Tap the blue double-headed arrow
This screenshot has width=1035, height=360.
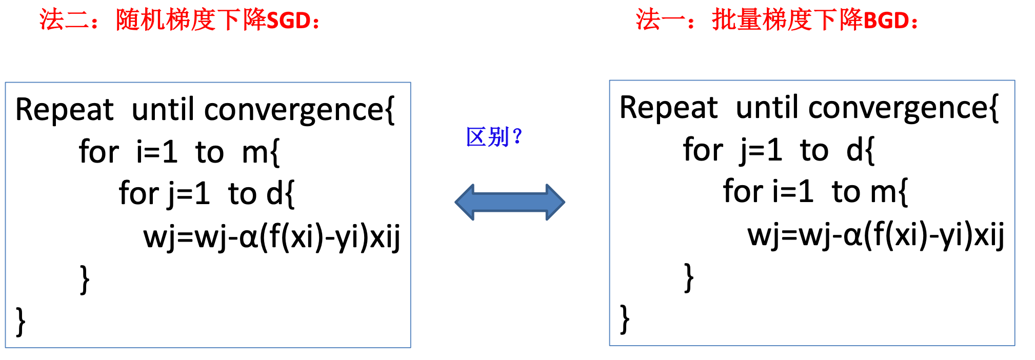point(510,202)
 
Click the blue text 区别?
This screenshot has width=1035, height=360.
point(494,137)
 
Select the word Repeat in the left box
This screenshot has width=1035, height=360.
point(64,110)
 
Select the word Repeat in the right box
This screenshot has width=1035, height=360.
point(668,108)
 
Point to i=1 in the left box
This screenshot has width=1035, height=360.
point(157,152)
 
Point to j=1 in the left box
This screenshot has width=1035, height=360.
point(189,194)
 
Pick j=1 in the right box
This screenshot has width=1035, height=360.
point(761,150)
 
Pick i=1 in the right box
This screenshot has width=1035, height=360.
point(793,192)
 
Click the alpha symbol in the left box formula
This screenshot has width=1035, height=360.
point(248,238)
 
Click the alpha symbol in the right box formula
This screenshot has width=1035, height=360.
point(852,236)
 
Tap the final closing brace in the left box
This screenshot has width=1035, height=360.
point(21,322)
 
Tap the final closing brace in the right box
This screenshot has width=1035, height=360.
point(625,319)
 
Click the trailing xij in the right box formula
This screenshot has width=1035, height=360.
point(989,236)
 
